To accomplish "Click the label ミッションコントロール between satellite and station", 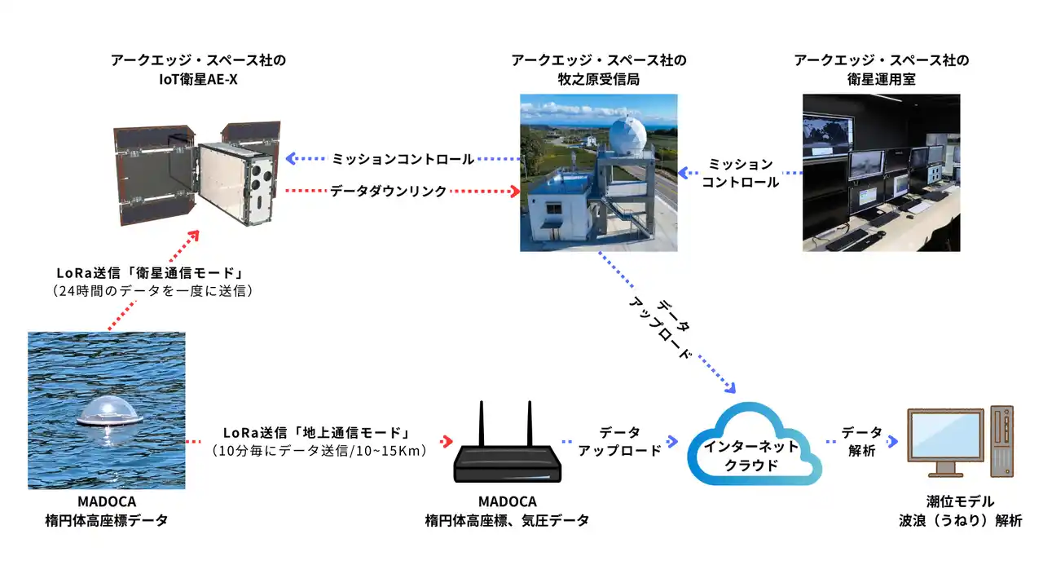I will coord(403,159).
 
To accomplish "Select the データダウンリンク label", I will coord(388,191).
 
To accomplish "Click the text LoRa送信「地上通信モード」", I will coord(315,432).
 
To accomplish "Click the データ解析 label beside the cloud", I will coord(861,440).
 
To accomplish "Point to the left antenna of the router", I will coord(482,424).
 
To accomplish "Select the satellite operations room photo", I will coord(881,173).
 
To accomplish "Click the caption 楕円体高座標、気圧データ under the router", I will coord(506,520).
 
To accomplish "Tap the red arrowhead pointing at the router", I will coord(447,441).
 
